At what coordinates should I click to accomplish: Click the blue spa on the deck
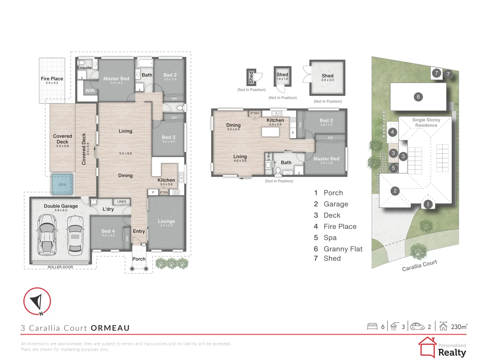pos(62,184)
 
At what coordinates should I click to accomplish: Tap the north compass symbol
pos(37,301)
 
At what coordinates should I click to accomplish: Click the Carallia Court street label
pos(419,266)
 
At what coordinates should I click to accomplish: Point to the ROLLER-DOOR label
pos(60,267)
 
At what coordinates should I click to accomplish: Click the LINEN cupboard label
pos(122,201)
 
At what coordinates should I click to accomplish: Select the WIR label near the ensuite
pos(90,91)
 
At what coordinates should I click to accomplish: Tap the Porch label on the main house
pos(139,259)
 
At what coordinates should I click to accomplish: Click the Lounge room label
pos(166,221)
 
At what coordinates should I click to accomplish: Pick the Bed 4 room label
pos(108,231)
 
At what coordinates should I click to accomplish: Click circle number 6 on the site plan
pos(418,97)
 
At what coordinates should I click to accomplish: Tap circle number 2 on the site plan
pos(395,191)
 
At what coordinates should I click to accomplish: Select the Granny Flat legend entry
pos(343,249)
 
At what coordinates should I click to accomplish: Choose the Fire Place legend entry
pos(340,227)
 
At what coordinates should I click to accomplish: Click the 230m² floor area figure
pos(459,327)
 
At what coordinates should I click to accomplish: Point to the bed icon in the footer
pos(372,327)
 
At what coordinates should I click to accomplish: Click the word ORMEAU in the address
pos(110,328)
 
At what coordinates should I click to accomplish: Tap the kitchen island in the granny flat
pos(270,132)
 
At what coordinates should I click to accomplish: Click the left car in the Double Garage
pos(47,234)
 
